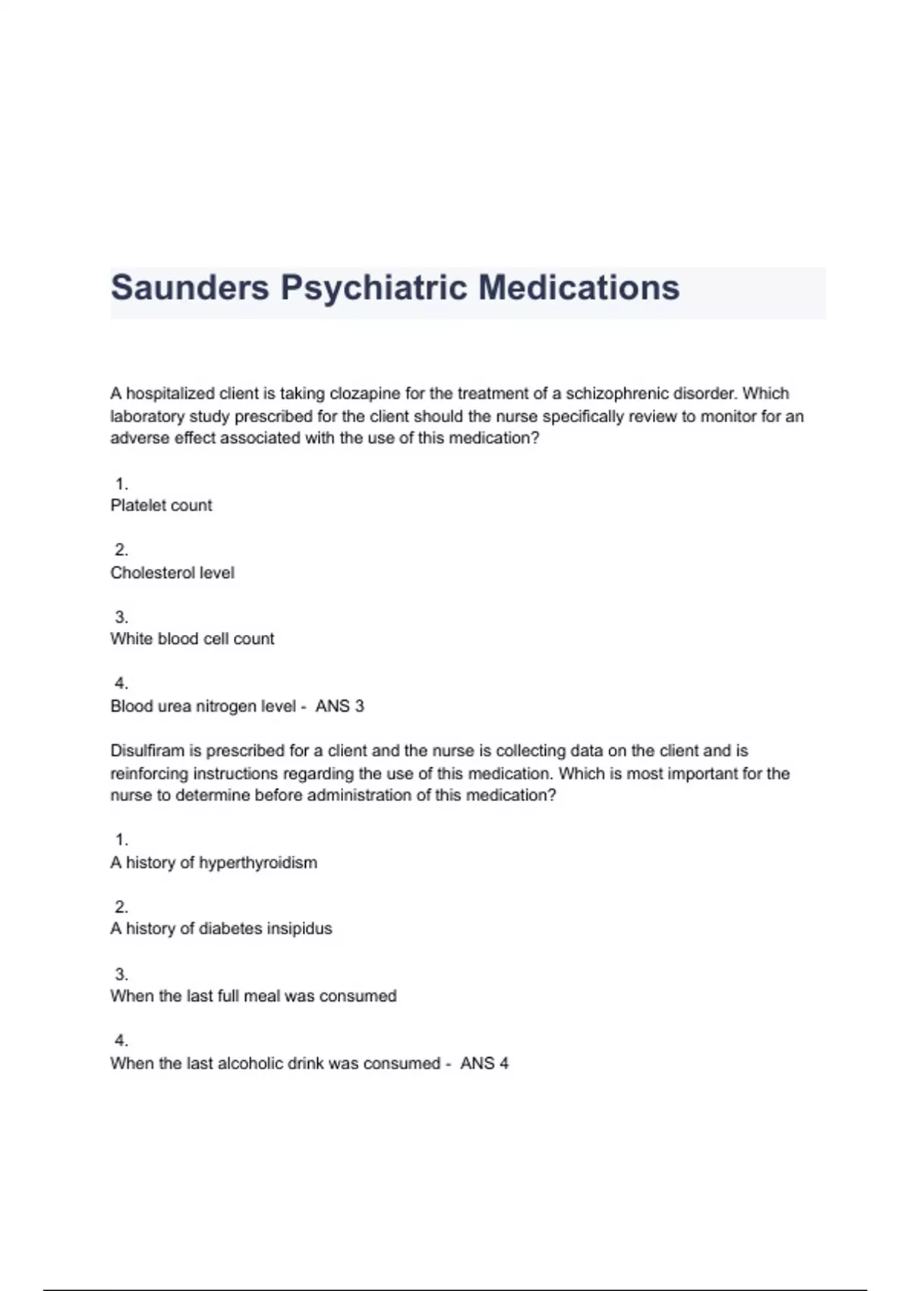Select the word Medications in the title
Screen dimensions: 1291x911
(578, 288)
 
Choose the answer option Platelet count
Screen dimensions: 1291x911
(161, 506)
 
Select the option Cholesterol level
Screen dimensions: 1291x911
(172, 573)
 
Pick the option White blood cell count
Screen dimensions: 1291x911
(192, 639)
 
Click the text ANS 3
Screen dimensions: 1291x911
(339, 706)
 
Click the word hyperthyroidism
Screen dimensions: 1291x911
(258, 863)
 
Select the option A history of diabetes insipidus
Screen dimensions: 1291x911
(221, 929)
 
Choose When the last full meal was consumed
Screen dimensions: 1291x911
(253, 996)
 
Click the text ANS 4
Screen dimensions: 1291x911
(484, 1063)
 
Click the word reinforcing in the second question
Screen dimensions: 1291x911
(150, 774)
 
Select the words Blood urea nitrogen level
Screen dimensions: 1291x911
(203, 706)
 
